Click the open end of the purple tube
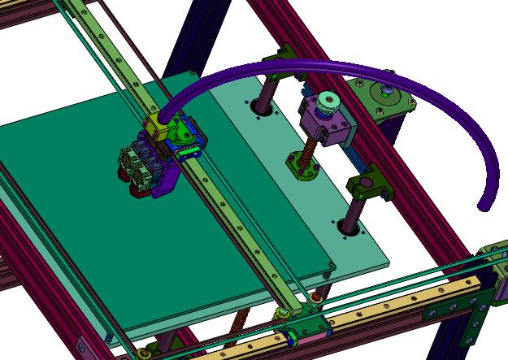pos(484,205)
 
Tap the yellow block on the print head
pos(157,124)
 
